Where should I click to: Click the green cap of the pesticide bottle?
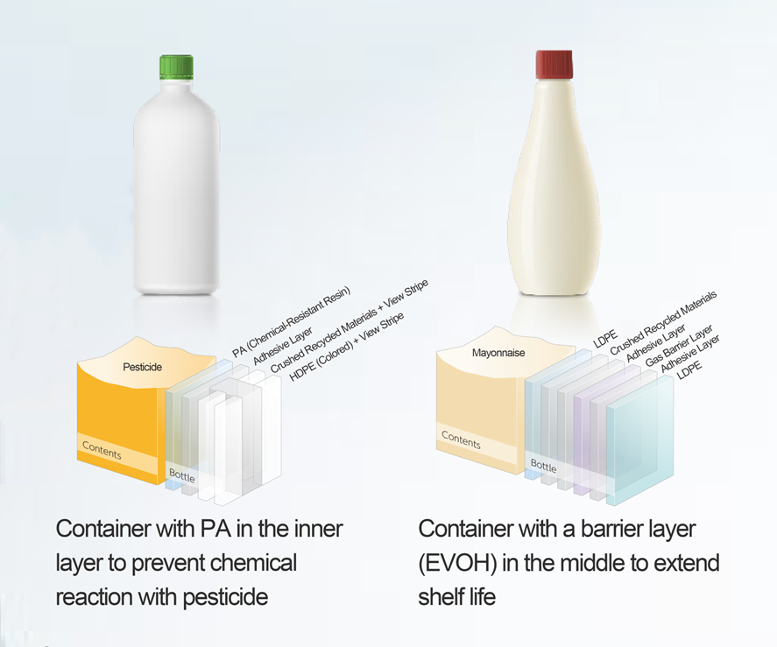tap(176, 68)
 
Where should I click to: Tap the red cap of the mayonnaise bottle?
tap(554, 64)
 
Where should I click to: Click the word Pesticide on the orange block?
tap(142, 367)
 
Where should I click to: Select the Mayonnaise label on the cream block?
tap(498, 353)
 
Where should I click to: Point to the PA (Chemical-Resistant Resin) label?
tap(292, 321)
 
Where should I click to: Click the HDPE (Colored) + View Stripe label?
tap(346, 347)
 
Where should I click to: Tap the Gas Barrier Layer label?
tap(679, 346)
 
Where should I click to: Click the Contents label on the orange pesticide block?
tap(102, 450)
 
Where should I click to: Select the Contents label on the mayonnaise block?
tap(461, 440)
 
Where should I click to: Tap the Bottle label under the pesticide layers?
tap(182, 475)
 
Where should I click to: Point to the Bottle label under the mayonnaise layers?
tap(544, 466)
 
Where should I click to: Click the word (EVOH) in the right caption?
tap(457, 563)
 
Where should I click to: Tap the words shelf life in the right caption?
tap(457, 596)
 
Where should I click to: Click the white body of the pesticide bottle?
tap(176, 188)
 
